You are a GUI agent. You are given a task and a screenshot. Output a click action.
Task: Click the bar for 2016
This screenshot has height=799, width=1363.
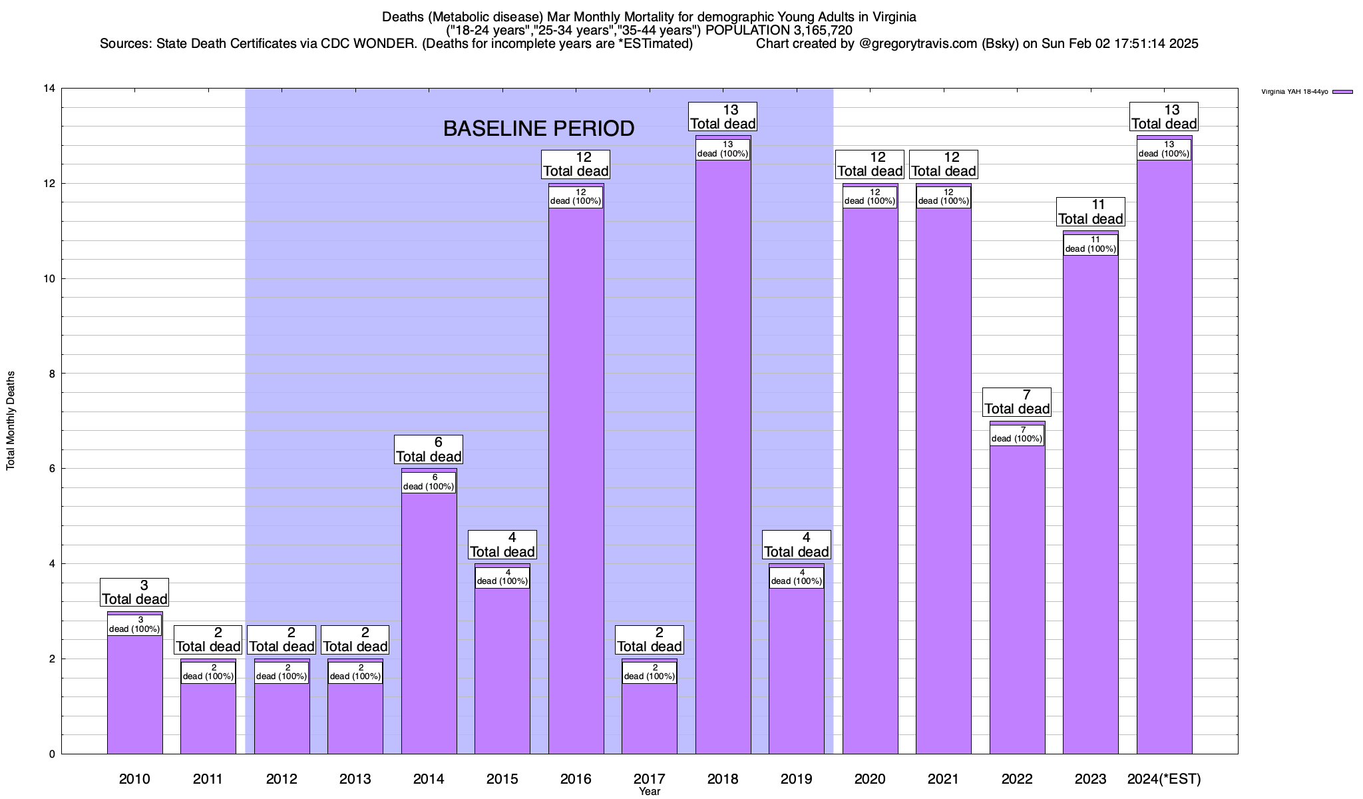click(576, 479)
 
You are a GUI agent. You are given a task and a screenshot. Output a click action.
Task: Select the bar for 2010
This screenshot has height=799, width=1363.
click(134, 692)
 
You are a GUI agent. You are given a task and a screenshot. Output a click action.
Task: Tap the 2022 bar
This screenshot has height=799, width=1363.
click(1017, 599)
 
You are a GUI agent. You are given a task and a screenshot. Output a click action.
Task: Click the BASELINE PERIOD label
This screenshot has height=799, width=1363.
click(538, 129)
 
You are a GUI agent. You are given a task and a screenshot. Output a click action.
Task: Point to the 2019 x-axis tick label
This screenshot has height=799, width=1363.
click(796, 778)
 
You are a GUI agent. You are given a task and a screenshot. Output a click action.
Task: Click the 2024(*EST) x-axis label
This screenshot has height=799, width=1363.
click(1164, 778)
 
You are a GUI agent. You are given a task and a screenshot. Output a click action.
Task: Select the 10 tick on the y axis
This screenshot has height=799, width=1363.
click(49, 278)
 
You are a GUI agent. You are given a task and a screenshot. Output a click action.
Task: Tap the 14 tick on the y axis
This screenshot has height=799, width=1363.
click(49, 89)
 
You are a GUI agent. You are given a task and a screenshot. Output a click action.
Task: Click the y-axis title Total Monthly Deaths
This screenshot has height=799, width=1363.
click(11, 421)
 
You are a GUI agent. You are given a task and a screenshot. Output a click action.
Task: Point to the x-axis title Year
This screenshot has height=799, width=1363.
click(649, 792)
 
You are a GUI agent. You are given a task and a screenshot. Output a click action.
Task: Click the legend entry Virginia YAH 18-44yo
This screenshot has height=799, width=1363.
click(1294, 92)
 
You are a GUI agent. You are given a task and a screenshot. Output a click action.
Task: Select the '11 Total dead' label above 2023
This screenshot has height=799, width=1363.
click(1090, 212)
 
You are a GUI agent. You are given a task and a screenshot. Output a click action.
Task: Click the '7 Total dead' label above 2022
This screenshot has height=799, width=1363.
click(1017, 402)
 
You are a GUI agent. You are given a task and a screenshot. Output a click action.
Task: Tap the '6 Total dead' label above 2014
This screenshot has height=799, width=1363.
click(429, 449)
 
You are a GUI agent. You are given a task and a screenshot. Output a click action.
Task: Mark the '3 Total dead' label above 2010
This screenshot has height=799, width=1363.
click(134, 592)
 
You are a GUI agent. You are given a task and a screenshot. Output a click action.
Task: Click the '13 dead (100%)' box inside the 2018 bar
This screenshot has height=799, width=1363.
click(723, 149)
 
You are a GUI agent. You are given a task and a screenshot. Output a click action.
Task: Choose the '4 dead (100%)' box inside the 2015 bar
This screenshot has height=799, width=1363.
click(502, 577)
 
